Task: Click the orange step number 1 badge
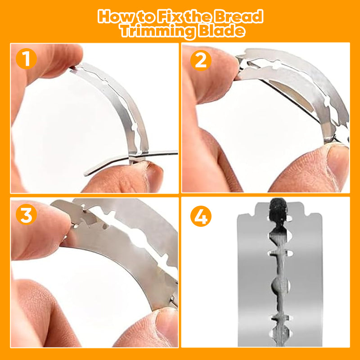pos(26,59)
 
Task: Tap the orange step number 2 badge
pos(201,60)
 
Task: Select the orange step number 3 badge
pos(26,214)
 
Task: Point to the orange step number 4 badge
pos(201,216)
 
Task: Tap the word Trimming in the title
pos(158,31)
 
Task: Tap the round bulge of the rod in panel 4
pos(278,286)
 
